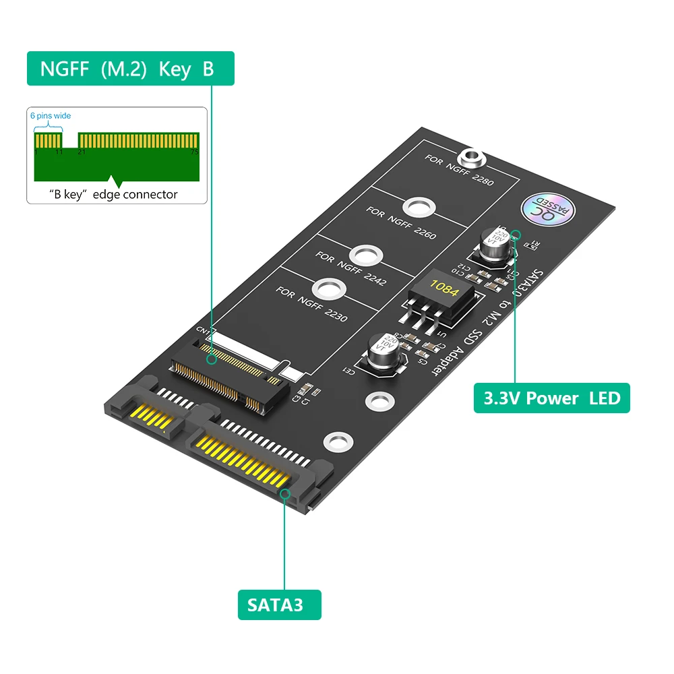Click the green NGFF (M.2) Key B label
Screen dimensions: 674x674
tap(130, 69)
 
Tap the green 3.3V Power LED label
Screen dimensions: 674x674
tap(551, 398)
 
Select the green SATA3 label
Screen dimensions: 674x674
tap(279, 605)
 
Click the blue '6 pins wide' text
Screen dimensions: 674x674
tap(51, 116)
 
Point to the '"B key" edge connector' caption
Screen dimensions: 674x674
tap(114, 194)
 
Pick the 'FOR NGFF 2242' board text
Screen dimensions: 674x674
tap(350, 268)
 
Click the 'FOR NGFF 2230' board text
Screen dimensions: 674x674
tap(311, 303)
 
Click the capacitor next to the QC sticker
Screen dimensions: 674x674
tap(495, 245)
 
